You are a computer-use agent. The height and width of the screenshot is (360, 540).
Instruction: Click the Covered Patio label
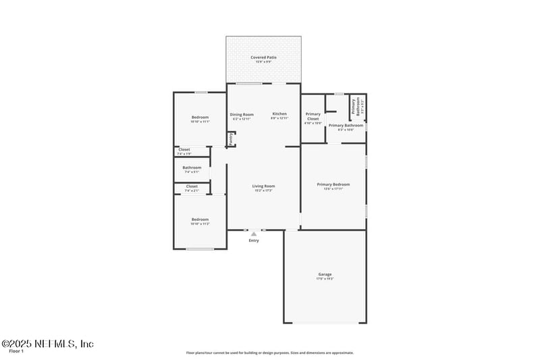263,57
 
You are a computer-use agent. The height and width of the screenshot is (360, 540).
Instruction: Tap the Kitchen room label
279,113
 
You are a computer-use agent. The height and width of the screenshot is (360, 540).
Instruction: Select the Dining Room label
242,114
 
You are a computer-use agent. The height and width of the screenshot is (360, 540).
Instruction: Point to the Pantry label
231,139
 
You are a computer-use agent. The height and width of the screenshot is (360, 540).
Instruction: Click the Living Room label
263,186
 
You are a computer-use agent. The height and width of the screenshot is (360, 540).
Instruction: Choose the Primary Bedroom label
333,184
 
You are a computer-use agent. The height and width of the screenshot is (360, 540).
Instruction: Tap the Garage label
325,274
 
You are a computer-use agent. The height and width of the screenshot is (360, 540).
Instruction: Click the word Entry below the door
254,240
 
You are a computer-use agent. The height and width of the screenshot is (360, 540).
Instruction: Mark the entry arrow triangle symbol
254,234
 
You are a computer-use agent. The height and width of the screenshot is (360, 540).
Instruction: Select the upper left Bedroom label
200,117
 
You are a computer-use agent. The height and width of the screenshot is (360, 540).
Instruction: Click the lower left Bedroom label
200,219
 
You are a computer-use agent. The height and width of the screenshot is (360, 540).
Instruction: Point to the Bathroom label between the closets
192,168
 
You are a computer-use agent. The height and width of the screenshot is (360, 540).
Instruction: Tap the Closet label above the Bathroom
184,149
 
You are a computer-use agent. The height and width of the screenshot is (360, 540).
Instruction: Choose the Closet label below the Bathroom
192,186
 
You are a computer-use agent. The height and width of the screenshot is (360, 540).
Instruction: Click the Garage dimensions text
325,279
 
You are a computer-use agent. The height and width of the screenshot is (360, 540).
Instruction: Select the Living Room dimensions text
263,190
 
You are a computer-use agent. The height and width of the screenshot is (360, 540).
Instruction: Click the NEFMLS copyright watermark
47,344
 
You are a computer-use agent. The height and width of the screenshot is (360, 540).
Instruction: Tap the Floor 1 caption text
16,352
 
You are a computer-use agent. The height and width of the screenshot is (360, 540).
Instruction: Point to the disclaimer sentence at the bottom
270,353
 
